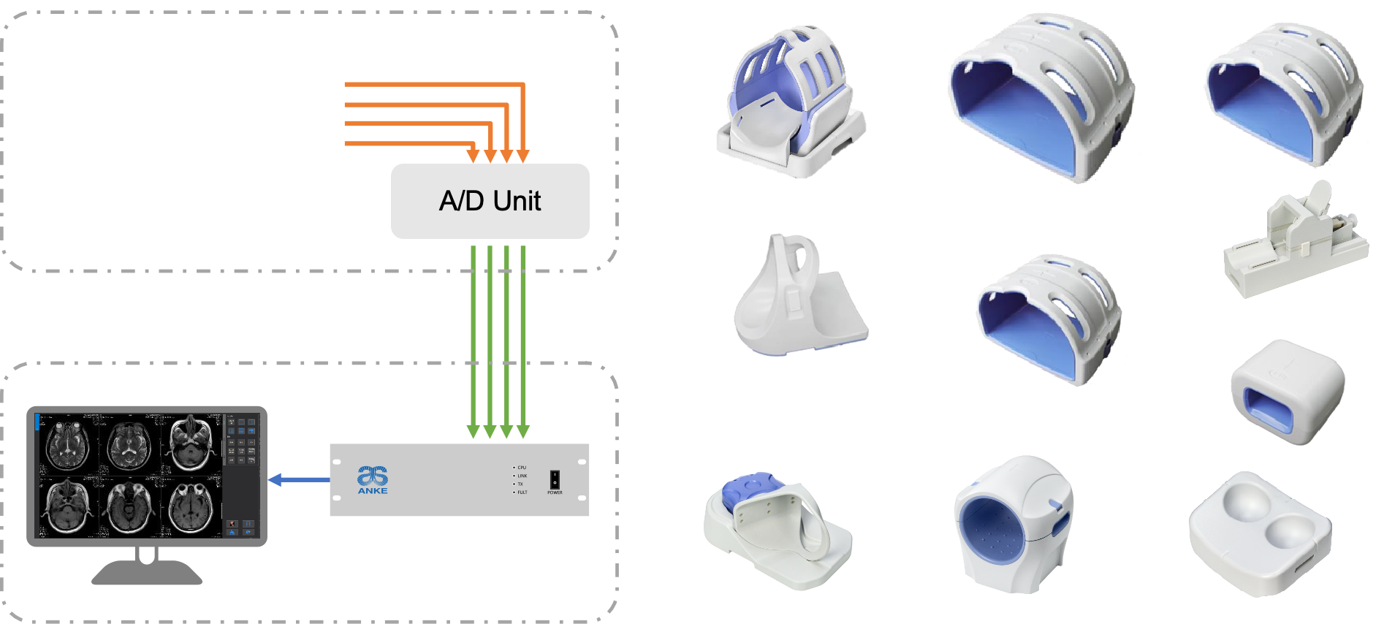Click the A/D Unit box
click(490, 201)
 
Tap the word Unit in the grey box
click(517, 201)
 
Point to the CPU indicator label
click(522, 468)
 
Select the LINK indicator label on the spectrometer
click(522, 476)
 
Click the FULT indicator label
click(522, 492)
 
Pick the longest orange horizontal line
click(434, 85)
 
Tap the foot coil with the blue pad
click(775, 530)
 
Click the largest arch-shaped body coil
click(1041, 95)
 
